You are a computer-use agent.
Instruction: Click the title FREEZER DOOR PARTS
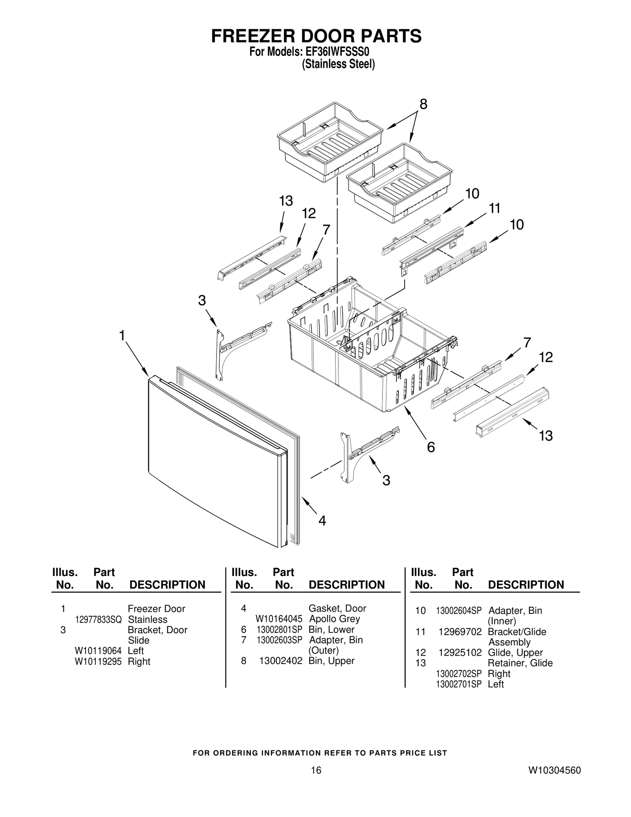316,36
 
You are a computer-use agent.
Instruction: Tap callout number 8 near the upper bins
423,104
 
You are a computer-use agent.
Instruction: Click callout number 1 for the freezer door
122,336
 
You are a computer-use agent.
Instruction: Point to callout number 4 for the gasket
322,521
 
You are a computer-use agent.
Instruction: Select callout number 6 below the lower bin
431,447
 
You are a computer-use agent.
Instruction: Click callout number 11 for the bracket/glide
494,208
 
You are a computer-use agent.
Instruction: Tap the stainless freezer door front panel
213,458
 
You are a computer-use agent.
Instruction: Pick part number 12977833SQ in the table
98,620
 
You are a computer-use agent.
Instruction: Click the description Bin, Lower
331,630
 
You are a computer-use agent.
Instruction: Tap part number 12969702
460,632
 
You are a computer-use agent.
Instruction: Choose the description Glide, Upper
515,652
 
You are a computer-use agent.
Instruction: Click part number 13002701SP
459,684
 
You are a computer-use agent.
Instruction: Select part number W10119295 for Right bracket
98,662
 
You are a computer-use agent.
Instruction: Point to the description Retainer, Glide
520,663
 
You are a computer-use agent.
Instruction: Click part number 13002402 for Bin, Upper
280,661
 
